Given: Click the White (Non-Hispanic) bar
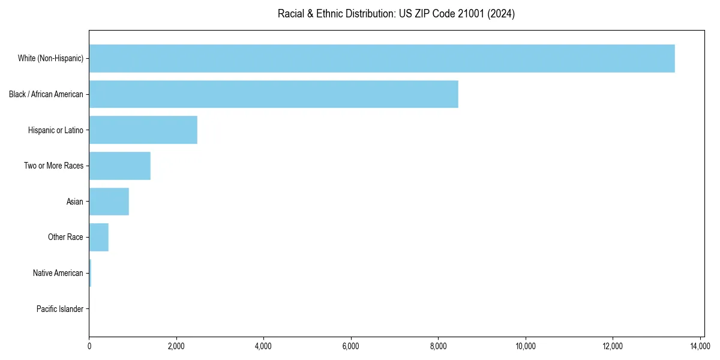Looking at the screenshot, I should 382,58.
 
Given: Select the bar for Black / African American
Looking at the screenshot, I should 274,94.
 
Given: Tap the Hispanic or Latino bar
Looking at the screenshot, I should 143,130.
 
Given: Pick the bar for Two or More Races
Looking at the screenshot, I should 119,166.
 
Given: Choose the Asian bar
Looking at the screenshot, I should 109,202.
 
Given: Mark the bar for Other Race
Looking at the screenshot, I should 98,238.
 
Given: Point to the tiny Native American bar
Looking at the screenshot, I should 90,273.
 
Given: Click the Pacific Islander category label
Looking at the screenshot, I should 60,309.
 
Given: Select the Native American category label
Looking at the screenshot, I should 58,273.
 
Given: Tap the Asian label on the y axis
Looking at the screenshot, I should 74,202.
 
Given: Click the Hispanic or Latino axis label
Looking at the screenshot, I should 56,130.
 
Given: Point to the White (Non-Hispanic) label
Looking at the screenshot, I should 50,58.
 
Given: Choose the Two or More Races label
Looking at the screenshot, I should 53,166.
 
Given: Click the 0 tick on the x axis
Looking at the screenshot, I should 89,346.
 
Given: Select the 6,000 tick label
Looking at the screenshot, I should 351,346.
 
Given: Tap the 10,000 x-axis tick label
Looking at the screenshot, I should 526,346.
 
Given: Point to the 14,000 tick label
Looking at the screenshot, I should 700,346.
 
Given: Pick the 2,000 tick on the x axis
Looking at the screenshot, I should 176,346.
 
